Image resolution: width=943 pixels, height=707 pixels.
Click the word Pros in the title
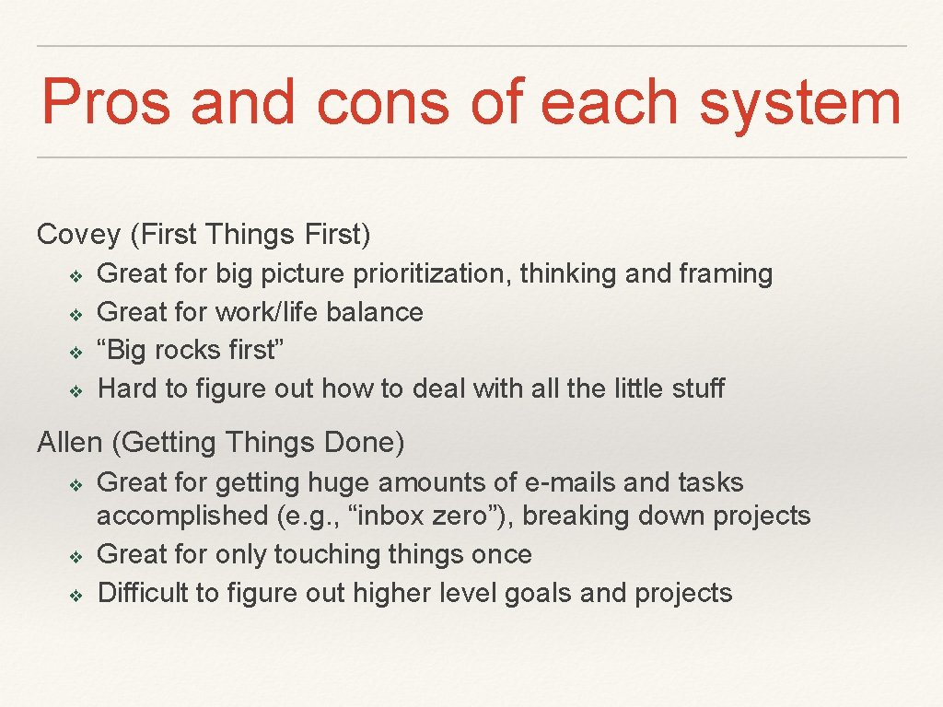[x=105, y=102]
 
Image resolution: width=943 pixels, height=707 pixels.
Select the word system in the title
[x=799, y=102]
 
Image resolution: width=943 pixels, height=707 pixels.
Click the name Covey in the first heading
[x=79, y=235]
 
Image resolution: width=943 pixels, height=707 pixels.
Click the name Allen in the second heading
[x=70, y=443]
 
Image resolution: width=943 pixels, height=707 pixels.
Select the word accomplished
[x=182, y=516]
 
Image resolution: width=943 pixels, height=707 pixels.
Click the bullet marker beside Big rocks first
[x=76, y=352]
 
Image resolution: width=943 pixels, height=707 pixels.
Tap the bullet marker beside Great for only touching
[x=76, y=555]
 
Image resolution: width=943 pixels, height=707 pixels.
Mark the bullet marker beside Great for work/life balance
[x=76, y=313]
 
